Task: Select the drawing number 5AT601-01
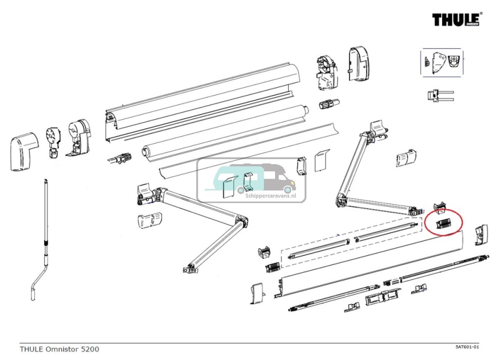pyautogui.click(x=467, y=347)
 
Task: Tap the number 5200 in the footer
pyautogui.click(x=90, y=349)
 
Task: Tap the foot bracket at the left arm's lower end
pyautogui.click(x=189, y=268)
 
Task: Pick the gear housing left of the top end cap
pyautogui.click(x=325, y=72)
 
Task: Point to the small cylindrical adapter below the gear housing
pyautogui.click(x=329, y=105)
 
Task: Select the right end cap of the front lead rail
pyautogui.click(x=480, y=235)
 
